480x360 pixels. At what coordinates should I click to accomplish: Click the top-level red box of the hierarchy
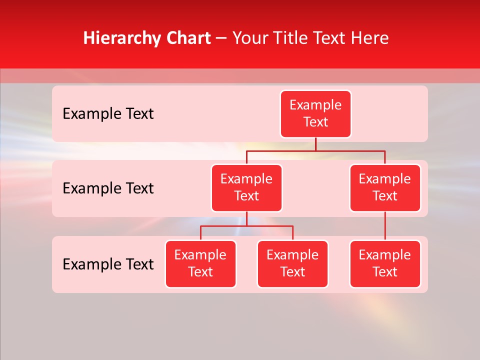tap(315, 114)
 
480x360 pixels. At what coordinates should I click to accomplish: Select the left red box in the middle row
tap(246, 188)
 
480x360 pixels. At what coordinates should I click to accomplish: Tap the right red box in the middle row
tap(385, 188)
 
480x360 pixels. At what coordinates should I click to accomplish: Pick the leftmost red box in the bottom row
tap(200, 264)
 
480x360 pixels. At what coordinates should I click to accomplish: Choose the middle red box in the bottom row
tap(292, 264)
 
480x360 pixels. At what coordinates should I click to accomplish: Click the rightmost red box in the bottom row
tap(385, 264)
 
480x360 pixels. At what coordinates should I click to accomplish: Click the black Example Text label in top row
tap(108, 114)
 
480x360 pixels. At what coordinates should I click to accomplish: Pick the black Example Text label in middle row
tap(108, 188)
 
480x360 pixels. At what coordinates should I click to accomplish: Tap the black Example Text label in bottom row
tap(108, 264)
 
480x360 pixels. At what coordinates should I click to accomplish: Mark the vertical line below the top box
tap(315, 144)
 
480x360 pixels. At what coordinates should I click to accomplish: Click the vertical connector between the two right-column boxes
tap(385, 226)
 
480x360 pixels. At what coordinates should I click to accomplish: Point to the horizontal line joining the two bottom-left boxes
tap(246, 226)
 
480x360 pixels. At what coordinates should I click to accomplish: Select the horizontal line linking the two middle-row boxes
tap(315, 150)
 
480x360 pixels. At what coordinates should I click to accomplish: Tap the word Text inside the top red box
tap(315, 122)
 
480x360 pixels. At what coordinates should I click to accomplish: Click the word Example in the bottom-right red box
tap(385, 255)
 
